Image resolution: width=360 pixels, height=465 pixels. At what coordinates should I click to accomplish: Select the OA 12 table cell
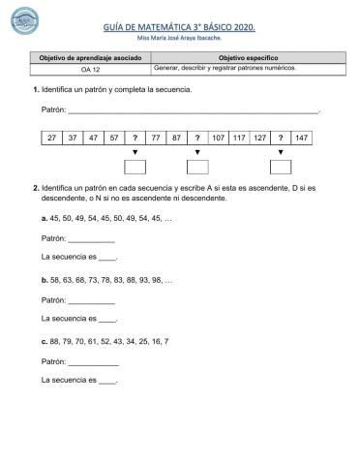92,70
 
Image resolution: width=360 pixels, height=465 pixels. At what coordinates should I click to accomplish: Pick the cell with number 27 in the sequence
51,139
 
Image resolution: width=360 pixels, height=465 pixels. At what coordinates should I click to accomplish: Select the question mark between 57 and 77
135,139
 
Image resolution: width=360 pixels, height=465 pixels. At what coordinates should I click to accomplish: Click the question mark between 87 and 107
197,139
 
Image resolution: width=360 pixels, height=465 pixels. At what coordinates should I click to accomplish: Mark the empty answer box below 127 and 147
281,165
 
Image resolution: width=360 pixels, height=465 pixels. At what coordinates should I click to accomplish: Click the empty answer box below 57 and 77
135,165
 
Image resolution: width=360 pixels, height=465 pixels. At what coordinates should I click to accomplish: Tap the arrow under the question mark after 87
197,152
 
